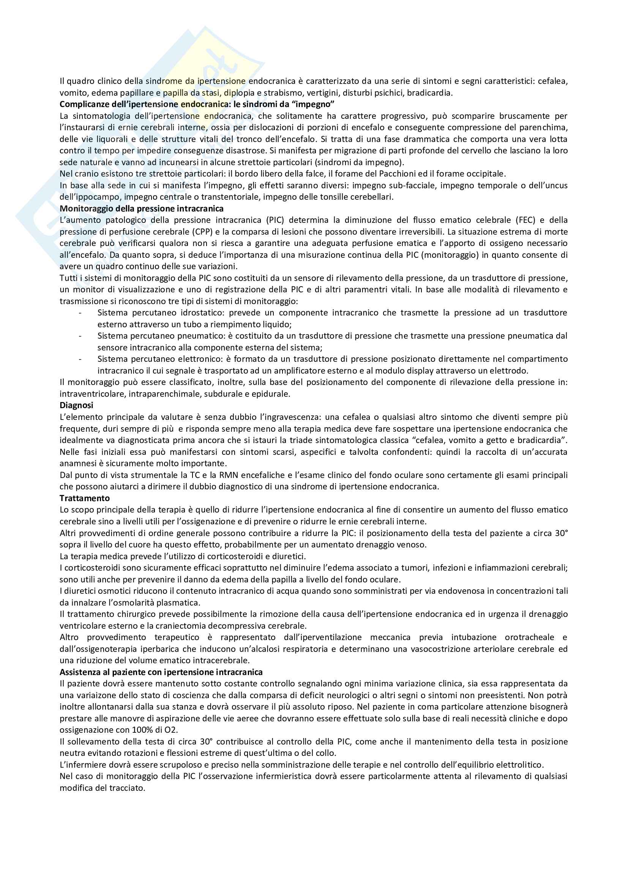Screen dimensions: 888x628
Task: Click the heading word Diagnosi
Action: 76,405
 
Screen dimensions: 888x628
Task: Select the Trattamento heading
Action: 85,498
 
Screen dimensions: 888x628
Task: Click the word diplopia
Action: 239,93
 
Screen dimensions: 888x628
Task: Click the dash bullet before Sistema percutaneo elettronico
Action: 80,359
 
